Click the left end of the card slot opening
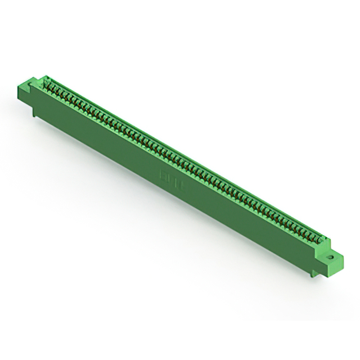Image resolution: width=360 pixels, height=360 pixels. click(x=45, y=83)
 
